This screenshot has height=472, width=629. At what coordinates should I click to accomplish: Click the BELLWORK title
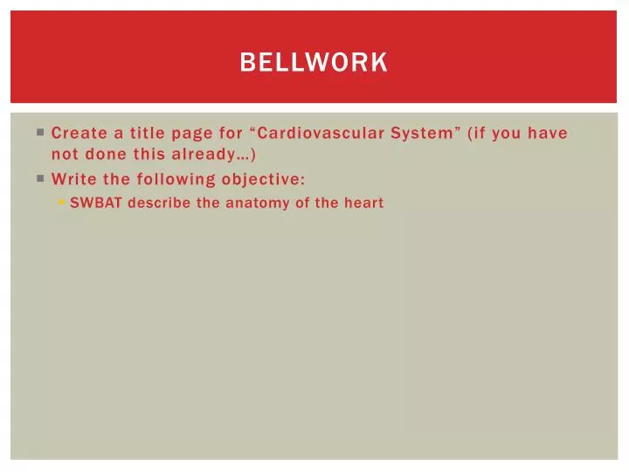coord(314,63)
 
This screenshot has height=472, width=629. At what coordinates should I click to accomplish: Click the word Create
coord(77,134)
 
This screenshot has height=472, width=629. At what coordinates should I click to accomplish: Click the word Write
coord(72,179)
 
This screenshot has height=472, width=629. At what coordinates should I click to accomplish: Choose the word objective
coord(263,179)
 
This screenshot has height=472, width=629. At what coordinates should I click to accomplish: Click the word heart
coord(363,203)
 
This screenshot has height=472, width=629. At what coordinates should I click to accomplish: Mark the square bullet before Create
coord(40,134)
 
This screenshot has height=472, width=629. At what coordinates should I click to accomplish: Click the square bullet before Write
coord(40,179)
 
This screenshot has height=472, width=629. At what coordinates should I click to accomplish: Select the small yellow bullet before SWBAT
coord(61,203)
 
